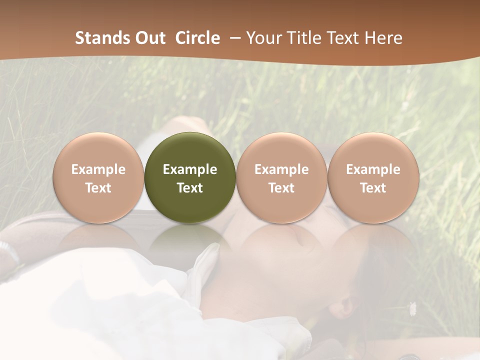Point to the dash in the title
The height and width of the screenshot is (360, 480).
pyautogui.click(x=233, y=38)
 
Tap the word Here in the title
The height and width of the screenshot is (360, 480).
pyautogui.click(x=383, y=38)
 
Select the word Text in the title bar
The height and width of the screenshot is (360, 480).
pyautogui.click(x=343, y=38)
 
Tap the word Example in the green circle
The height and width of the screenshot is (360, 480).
pyautogui.click(x=190, y=169)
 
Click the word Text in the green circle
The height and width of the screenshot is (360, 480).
pyautogui.click(x=190, y=188)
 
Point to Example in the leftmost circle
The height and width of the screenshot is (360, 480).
pyautogui.click(x=98, y=169)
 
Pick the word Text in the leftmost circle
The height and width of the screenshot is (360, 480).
pyautogui.click(x=98, y=188)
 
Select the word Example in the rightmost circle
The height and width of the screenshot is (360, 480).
pyautogui.click(x=373, y=169)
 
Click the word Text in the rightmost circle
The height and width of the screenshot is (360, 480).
pyautogui.click(x=373, y=188)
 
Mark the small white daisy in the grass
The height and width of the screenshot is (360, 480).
pyautogui.click(x=412, y=308)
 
